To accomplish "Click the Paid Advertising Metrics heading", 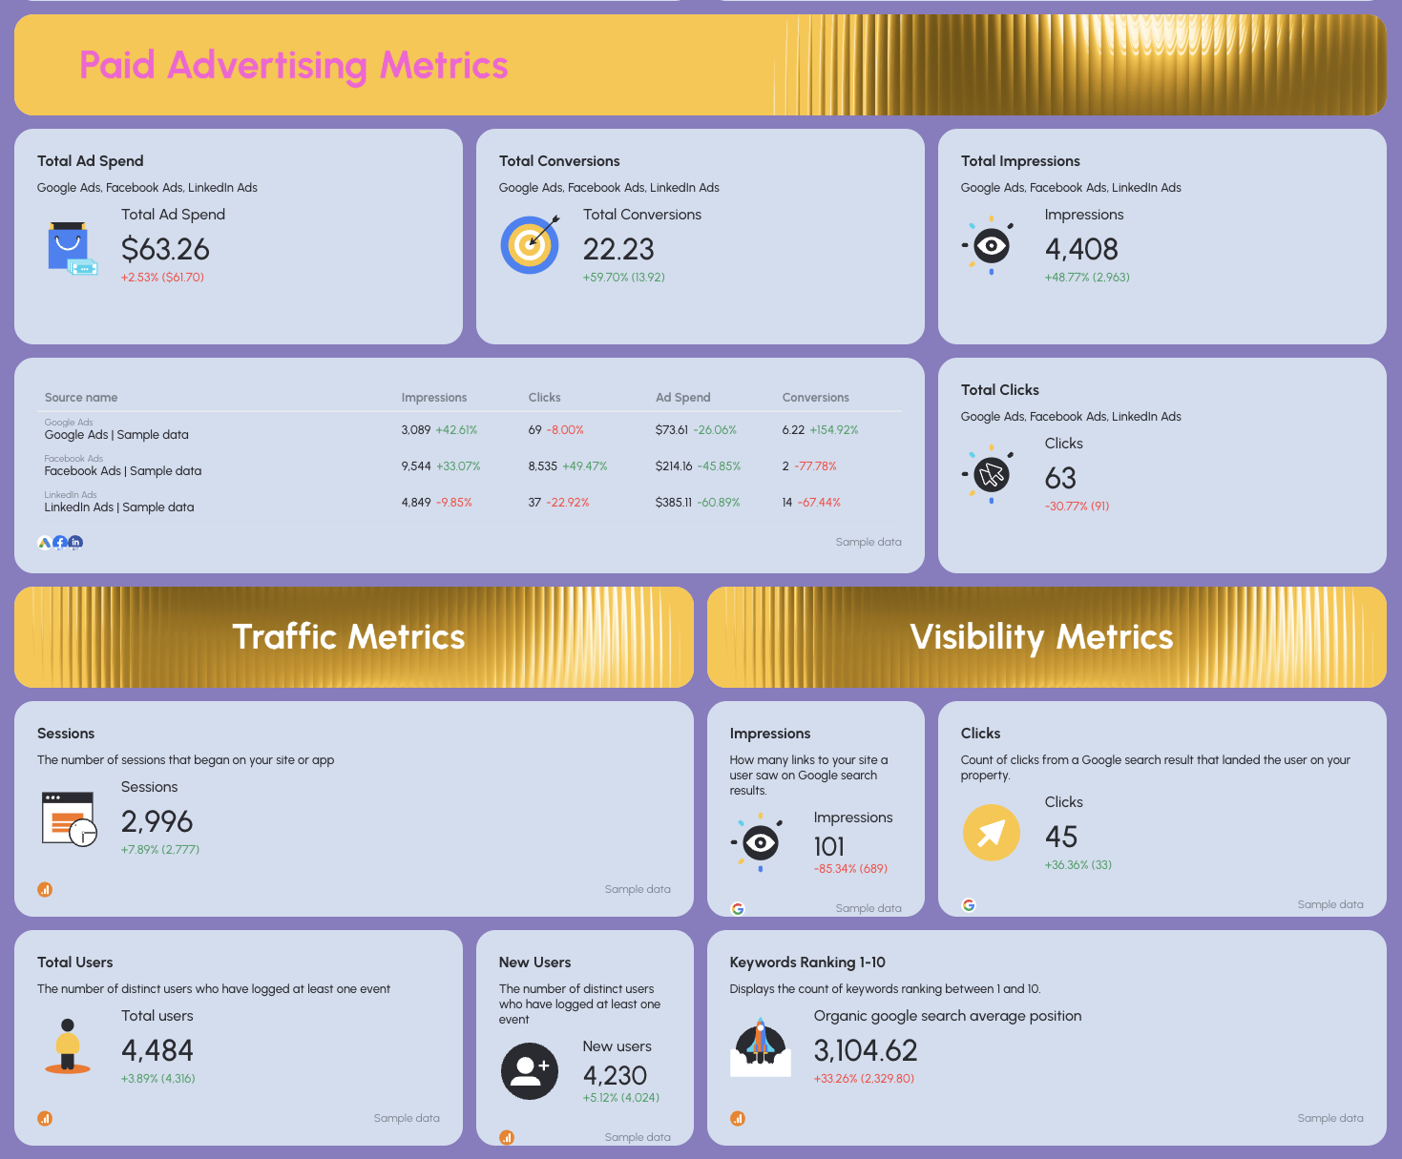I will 293,66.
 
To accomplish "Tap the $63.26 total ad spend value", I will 165,249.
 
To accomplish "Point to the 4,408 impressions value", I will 1081,249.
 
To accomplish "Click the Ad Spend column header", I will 682,398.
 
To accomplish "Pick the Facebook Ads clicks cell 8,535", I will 542,466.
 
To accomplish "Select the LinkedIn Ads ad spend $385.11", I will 673,503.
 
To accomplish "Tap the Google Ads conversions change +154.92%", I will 833,430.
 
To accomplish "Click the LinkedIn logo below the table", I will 75,543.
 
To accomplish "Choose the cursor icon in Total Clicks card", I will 992,474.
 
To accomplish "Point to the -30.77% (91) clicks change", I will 1077,507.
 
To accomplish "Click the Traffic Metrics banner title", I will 348,637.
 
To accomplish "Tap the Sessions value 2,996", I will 157,821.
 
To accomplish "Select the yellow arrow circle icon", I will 991,833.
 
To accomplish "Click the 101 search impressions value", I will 828,847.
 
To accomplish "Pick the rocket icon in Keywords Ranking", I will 760,1045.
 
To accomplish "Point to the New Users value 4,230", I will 615,1076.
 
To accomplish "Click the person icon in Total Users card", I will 68,1045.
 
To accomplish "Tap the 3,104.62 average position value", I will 865,1050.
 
